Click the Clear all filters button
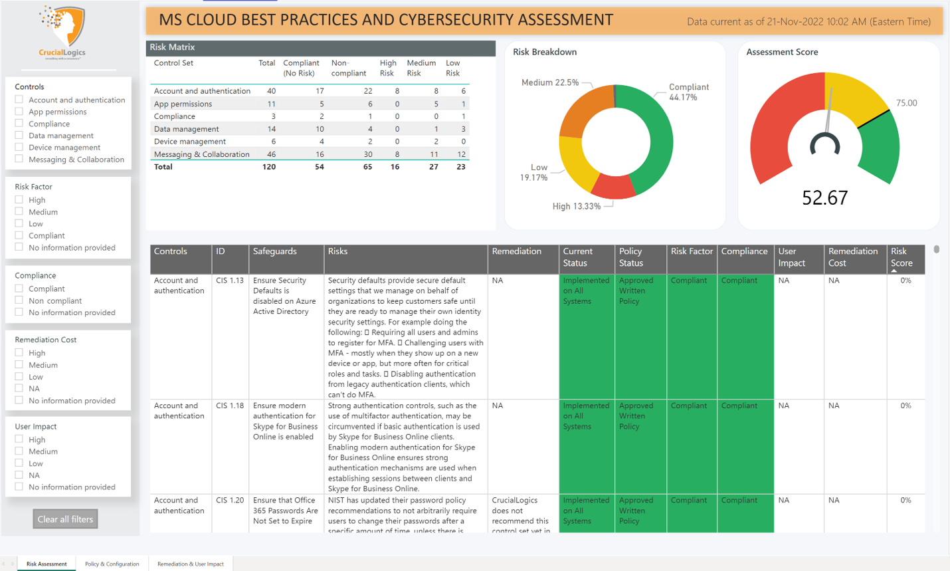[x=65, y=519]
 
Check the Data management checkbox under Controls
[x=19, y=136]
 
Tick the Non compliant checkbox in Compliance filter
[x=19, y=300]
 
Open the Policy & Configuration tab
[x=112, y=564]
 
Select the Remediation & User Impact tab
[x=190, y=564]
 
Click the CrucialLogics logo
[x=62, y=32]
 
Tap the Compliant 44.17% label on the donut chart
[x=688, y=92]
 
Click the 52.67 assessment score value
[x=824, y=197]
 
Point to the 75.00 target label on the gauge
[x=906, y=103]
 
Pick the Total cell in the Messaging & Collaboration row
[x=271, y=154]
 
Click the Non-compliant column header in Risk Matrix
[x=349, y=68]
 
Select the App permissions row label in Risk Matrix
[x=183, y=104]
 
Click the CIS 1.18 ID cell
[x=230, y=405]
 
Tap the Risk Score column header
[x=902, y=257]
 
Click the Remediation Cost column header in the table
[x=852, y=257]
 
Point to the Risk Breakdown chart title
[x=545, y=52]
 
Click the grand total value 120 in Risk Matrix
[x=268, y=167]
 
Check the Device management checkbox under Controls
[x=19, y=148]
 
